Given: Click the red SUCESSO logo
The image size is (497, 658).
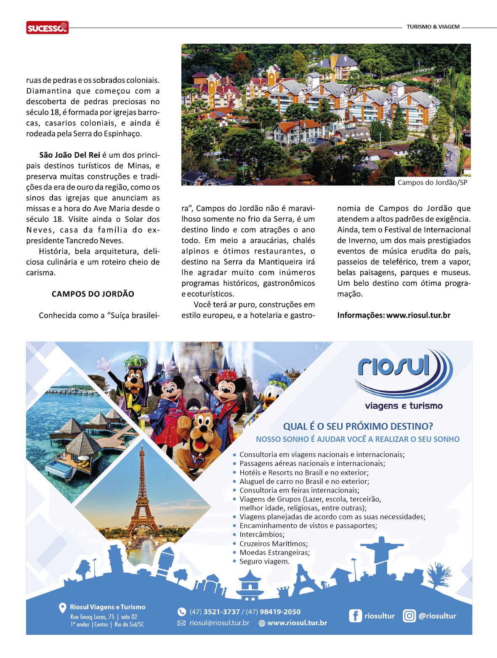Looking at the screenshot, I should tap(47, 28).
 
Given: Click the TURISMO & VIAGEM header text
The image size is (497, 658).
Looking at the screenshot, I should tap(433, 27).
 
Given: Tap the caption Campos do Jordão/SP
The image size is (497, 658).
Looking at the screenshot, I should tap(432, 182).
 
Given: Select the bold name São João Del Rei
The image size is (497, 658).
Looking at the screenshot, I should tap(69, 155).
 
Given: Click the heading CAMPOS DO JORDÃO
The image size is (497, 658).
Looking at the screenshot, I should tap(93, 294).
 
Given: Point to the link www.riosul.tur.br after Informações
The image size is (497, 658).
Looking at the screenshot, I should tap(418, 315).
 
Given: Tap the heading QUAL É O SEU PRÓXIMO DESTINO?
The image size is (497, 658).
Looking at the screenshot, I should tap(358, 426).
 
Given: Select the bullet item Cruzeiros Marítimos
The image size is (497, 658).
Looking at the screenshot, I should tap(273, 544).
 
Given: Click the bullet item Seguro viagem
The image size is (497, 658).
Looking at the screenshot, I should tap(264, 561).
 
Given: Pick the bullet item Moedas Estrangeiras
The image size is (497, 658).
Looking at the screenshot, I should tap(274, 552).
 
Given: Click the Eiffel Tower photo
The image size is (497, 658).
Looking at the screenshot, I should tap(142, 496).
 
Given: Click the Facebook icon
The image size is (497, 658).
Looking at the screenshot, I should tap(355, 616).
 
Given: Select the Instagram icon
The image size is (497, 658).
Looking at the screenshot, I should tap(409, 616).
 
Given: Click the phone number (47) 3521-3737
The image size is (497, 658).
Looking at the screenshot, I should tap(215, 612).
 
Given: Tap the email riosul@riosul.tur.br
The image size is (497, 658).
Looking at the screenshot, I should tap(219, 623).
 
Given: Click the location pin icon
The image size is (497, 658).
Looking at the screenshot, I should tap(62, 608).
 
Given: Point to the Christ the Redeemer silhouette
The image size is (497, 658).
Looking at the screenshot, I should tap(382, 555).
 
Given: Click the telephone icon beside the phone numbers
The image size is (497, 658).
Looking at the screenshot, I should tap(182, 612).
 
